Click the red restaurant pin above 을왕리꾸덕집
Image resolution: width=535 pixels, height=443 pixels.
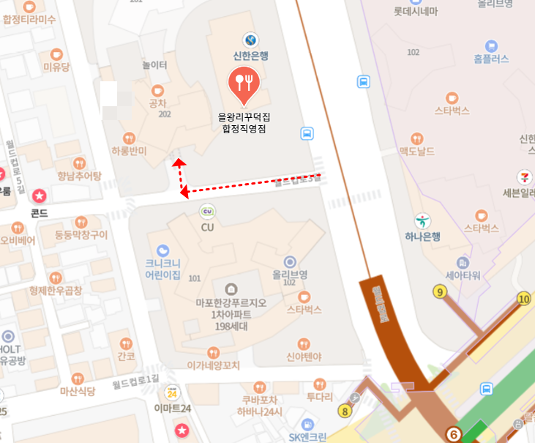click(x=244, y=83)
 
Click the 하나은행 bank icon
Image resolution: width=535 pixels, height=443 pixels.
click(x=422, y=220)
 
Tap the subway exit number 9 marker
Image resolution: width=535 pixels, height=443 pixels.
click(x=440, y=292)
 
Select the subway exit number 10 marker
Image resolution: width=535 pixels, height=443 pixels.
click(x=523, y=298)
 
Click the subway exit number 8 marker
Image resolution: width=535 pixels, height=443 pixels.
click(x=345, y=411)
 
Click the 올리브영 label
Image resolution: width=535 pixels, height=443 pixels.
click(x=289, y=274)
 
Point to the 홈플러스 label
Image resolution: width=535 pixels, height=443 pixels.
click(x=491, y=59)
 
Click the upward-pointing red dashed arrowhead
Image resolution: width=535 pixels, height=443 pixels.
click(x=178, y=162)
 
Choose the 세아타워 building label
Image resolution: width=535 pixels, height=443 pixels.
click(x=463, y=276)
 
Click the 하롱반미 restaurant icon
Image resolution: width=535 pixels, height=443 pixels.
click(x=129, y=138)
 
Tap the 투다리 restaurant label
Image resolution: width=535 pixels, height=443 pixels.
click(x=319, y=397)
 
